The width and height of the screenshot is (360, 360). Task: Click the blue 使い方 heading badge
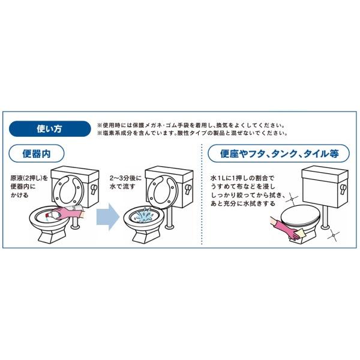click(50, 129)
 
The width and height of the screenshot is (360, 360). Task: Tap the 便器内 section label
click(36, 154)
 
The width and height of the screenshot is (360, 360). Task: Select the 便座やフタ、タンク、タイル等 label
click(279, 154)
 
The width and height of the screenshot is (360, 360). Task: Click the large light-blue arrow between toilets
click(107, 217)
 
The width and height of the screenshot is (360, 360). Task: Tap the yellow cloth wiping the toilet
click(299, 235)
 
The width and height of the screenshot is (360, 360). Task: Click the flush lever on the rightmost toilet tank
click(343, 190)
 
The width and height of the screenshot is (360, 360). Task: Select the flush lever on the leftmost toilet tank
click(94, 189)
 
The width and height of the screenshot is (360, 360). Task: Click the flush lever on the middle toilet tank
click(188, 190)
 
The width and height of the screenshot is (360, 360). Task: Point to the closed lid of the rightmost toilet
click(300, 215)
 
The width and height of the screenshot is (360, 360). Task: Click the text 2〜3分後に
click(125, 178)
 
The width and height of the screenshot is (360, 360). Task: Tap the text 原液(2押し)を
click(29, 178)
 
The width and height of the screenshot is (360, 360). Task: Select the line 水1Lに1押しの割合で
click(242, 178)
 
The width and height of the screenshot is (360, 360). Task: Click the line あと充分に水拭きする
click(242, 203)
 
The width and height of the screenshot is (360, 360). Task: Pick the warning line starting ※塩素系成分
click(193, 133)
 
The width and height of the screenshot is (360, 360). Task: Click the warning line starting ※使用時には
click(191, 125)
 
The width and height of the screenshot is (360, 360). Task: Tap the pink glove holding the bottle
click(69, 214)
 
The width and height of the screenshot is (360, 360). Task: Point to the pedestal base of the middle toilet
click(145, 236)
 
